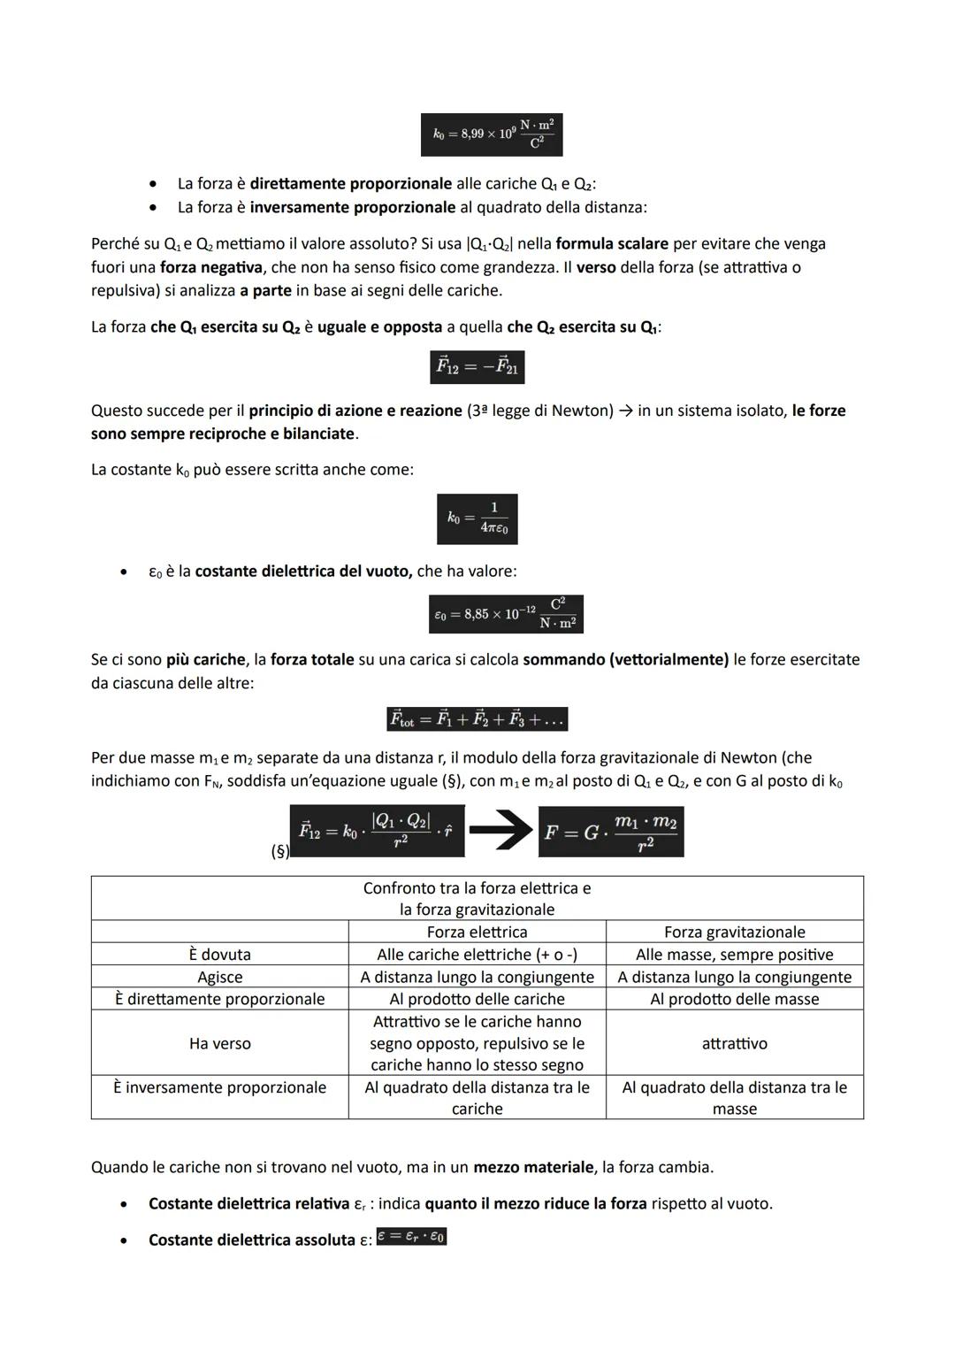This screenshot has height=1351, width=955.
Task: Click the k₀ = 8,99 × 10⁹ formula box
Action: pyautogui.click(x=492, y=134)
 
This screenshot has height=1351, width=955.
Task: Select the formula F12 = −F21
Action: pyautogui.click(x=477, y=366)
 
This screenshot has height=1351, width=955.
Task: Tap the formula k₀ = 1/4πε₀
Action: pyautogui.click(x=477, y=518)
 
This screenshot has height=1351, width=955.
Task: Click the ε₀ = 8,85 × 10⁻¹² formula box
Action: pyautogui.click(x=506, y=614)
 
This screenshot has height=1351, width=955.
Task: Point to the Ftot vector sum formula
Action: pyautogui.click(x=477, y=719)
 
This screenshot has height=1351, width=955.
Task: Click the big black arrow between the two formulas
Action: pyautogui.click(x=500, y=831)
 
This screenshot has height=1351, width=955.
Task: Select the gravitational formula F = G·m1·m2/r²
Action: pyautogui.click(x=610, y=832)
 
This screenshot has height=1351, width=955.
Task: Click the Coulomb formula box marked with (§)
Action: pyautogui.click(x=377, y=831)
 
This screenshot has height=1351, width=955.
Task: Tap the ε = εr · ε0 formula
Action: pyautogui.click(x=411, y=1237)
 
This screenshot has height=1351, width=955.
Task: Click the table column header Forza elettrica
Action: pyautogui.click(x=477, y=932)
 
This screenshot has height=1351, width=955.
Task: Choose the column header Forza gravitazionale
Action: pyautogui.click(x=734, y=932)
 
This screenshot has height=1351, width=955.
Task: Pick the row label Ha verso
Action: pyautogui.click(x=219, y=1044)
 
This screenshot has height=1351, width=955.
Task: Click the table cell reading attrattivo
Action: pyautogui.click(x=734, y=1044)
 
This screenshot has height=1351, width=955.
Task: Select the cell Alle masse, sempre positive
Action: pyautogui.click(x=734, y=955)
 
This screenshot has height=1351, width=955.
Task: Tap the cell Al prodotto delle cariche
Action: pyautogui.click(x=477, y=999)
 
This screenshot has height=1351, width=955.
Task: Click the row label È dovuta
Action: pyautogui.click(x=219, y=955)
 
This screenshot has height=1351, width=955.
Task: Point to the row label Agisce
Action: pyautogui.click(x=219, y=977)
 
